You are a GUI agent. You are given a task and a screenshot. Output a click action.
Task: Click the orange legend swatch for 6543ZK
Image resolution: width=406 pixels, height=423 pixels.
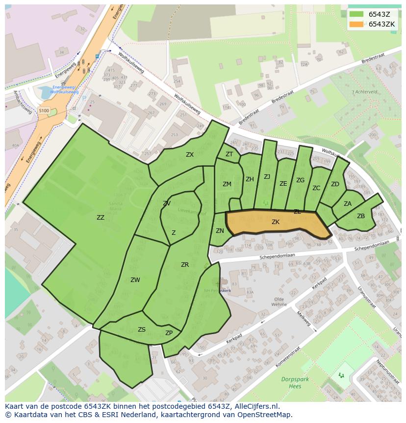[x=356, y=24]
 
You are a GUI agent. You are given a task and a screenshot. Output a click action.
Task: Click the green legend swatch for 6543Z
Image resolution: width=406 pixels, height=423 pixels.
[x=356, y=14]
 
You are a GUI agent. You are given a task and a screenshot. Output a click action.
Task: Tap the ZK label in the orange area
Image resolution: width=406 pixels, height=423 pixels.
[x=276, y=222]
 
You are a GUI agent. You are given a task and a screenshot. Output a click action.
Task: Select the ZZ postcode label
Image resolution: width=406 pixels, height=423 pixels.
[x=101, y=217]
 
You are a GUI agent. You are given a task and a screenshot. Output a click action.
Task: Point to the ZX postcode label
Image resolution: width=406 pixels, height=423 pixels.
[x=190, y=155]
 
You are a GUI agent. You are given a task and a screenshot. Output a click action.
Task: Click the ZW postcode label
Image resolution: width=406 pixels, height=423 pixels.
[x=135, y=280]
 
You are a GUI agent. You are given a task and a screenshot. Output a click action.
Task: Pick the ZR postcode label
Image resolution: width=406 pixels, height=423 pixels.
[x=185, y=265]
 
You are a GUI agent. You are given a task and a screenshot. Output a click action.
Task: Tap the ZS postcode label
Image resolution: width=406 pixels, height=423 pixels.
[x=142, y=330]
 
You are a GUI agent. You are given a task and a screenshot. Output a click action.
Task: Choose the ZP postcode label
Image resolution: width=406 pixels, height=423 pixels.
[x=169, y=333]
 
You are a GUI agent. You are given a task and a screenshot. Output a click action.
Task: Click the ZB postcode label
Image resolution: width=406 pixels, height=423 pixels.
[x=361, y=216]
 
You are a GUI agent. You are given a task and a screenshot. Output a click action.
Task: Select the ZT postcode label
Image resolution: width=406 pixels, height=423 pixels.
[x=229, y=154]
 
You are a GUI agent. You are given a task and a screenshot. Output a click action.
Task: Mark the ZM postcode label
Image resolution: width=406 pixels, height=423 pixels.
[x=227, y=184]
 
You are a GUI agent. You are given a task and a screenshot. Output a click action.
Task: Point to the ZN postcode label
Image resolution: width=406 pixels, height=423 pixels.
[x=220, y=231]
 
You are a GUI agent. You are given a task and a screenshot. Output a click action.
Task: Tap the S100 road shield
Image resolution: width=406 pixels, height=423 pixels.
[x=44, y=111]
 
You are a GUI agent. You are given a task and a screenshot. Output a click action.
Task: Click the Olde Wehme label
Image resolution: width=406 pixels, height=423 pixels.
[x=279, y=302]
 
